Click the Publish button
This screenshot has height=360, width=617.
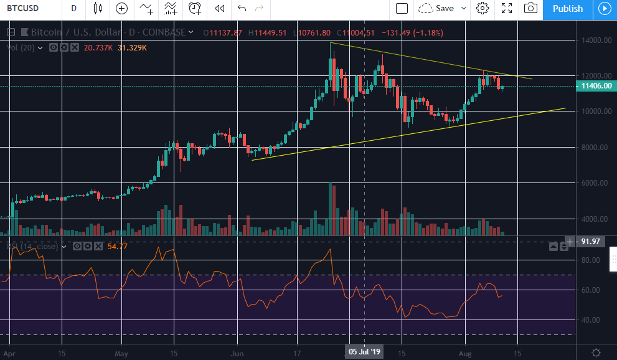[x=567, y=9]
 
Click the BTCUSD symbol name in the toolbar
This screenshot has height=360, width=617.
[x=24, y=9]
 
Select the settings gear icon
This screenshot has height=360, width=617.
[x=482, y=9]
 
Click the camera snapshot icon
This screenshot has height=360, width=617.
[x=530, y=9]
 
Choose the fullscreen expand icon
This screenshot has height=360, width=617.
[x=507, y=9]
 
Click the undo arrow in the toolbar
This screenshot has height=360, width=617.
[x=242, y=9]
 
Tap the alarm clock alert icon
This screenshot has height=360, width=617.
[x=195, y=9]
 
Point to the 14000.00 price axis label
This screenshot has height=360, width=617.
[x=595, y=40]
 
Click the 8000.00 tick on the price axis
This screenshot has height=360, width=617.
[x=595, y=148]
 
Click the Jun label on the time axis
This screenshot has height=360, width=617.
[x=238, y=352]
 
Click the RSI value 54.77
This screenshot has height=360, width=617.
[x=117, y=247]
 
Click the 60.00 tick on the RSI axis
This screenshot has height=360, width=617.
[x=591, y=290]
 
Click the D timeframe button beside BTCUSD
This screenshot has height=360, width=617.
[x=74, y=9]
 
